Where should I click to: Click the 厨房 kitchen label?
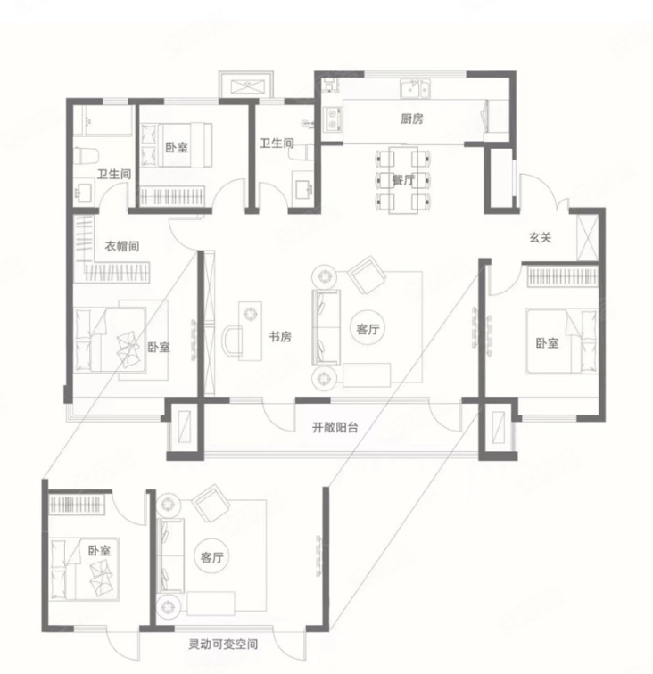pyautogui.click(x=411, y=119)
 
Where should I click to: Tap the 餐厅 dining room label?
pyautogui.click(x=403, y=180)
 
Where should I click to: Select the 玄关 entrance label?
pyautogui.click(x=540, y=237)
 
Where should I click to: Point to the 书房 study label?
pyautogui.click(x=280, y=336)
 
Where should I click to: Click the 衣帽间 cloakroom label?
pyautogui.click(x=122, y=246)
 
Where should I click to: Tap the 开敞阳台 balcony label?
pyautogui.click(x=335, y=428)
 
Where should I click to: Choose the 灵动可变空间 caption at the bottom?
pyautogui.click(x=223, y=645)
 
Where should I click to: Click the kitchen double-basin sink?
pyautogui.click(x=415, y=89)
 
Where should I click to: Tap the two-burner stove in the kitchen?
pyautogui.click(x=333, y=119)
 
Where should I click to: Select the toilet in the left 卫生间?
pyautogui.click(x=87, y=156)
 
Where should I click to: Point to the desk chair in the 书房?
pyautogui.click(x=232, y=341)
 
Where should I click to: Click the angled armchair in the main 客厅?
pyautogui.click(x=368, y=275)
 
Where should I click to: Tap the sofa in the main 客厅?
pyautogui.click(x=326, y=327)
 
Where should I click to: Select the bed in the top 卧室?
pyautogui.click(x=177, y=144)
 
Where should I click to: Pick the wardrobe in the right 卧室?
pyautogui.click(x=563, y=276)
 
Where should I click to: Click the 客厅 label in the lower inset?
pyautogui.click(x=211, y=557)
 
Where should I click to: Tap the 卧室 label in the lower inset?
pyautogui.click(x=99, y=551)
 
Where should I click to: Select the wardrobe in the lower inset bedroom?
pyautogui.click(x=77, y=504)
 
